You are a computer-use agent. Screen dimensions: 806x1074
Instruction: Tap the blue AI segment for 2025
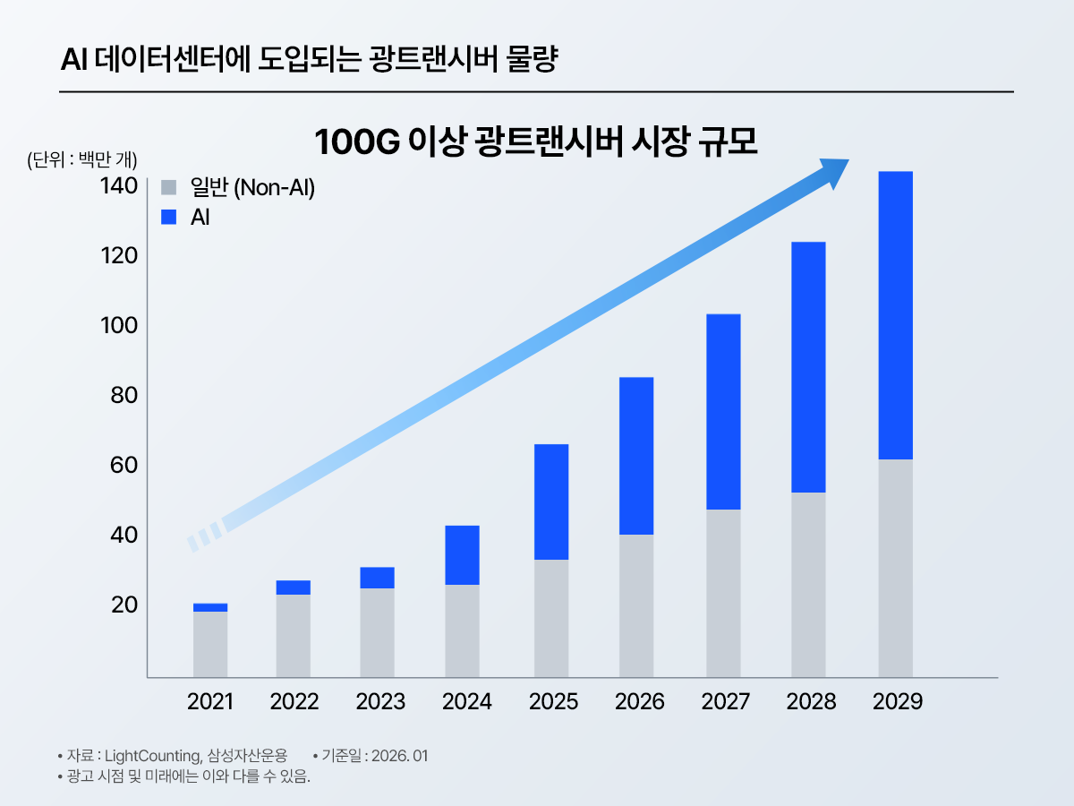[551, 502]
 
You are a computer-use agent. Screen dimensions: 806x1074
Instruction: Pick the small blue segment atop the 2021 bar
[210, 607]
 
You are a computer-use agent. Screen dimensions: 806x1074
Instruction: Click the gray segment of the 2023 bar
[377, 632]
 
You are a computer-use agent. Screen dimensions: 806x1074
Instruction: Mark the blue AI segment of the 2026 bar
[636, 456]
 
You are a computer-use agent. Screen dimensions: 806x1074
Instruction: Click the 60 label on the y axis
[124, 465]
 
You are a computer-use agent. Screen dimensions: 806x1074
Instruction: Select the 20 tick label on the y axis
[124, 604]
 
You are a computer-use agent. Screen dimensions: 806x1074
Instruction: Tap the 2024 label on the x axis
[466, 701]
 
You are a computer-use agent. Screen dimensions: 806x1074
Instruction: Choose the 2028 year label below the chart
[811, 701]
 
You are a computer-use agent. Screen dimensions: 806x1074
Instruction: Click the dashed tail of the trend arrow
[203, 537]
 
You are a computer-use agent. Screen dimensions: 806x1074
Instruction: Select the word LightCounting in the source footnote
[160, 756]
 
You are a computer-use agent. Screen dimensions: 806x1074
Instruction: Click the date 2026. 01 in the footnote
[401, 756]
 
